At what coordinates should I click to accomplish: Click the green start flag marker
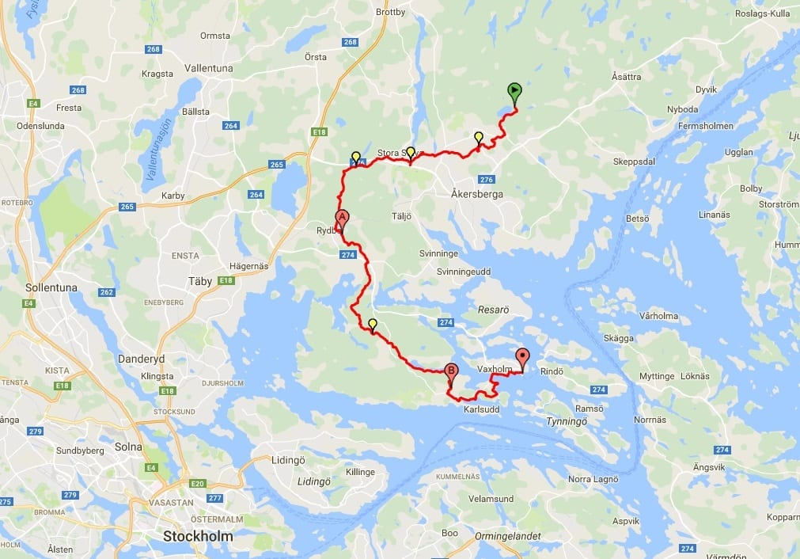click(x=514, y=93)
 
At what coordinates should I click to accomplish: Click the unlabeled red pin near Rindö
click(x=522, y=357)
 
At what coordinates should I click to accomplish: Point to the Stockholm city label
click(x=198, y=536)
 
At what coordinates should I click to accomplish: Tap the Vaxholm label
click(x=495, y=370)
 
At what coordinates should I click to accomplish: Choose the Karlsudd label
click(x=482, y=409)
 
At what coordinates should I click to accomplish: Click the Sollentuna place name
click(x=51, y=288)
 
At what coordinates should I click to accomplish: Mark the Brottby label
click(x=390, y=13)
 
